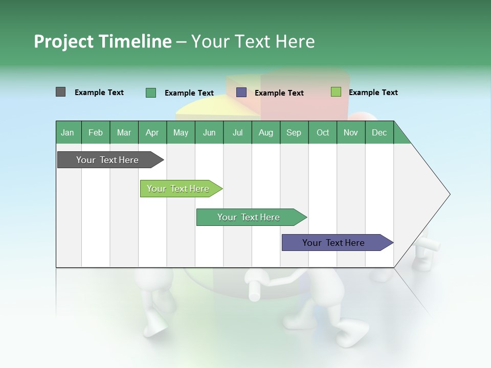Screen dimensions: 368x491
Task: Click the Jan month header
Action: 68,132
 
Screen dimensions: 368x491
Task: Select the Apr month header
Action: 152,132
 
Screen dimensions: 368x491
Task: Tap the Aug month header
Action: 266,132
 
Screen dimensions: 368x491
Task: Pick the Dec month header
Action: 380,132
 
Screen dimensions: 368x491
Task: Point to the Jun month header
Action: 209,132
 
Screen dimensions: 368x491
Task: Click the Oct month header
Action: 323,132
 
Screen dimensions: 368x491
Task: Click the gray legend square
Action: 60,92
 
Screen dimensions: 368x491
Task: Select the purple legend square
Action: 241,93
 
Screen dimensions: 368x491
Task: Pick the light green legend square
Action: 336,92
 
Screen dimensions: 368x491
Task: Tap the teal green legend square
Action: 151,93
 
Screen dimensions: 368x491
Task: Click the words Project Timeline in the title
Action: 102,41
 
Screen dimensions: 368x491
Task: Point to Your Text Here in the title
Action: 253,41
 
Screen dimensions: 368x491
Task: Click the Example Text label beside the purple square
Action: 279,93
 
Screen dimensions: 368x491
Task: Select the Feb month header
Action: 96,132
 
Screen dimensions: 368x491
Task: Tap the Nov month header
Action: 351,132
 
